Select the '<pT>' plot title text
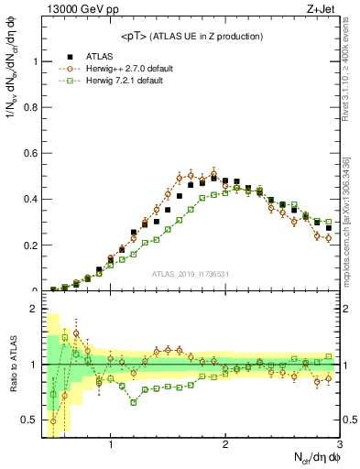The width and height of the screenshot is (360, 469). point(192,36)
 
